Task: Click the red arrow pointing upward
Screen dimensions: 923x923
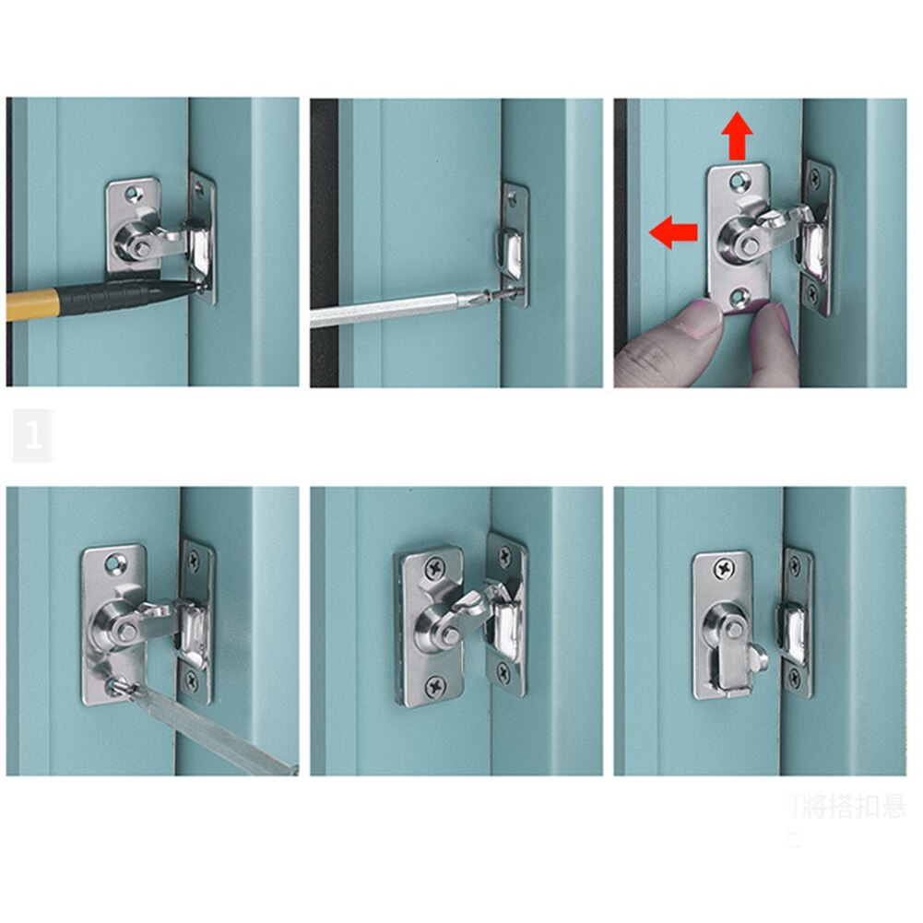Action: tap(737, 136)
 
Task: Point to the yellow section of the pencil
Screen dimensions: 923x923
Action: tap(28, 304)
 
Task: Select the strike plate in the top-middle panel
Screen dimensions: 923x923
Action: tap(515, 244)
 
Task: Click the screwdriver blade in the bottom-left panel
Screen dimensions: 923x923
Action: tap(212, 728)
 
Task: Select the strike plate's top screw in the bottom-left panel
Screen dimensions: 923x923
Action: tap(195, 559)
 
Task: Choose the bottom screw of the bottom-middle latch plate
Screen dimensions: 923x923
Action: tap(433, 685)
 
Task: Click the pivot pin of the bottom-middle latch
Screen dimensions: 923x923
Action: tap(445, 636)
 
